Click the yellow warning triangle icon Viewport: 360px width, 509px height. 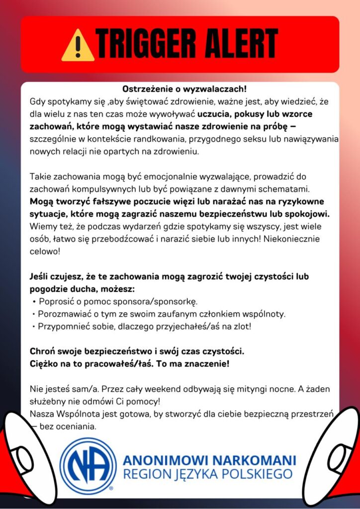(x=78, y=45)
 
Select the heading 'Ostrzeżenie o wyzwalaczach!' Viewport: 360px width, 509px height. (x=184, y=89)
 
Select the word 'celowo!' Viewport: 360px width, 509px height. (x=45, y=252)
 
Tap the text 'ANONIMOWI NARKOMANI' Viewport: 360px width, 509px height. (x=209, y=459)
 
